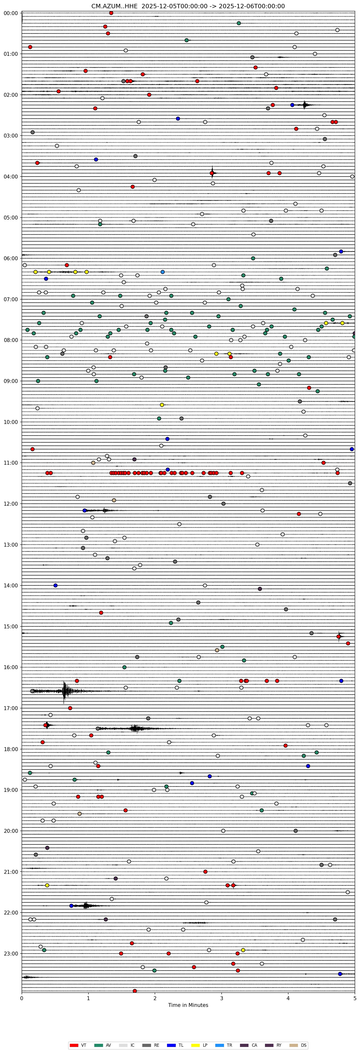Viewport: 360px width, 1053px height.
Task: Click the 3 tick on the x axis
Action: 222,997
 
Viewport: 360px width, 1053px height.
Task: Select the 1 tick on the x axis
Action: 88,997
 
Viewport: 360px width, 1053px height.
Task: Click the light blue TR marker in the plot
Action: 163,272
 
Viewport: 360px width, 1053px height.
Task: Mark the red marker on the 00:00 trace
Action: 111,13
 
